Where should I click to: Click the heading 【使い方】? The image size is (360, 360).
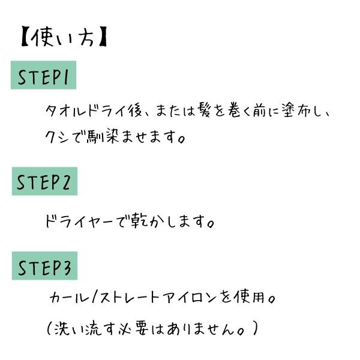[64, 37]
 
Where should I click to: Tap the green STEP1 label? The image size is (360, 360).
[43, 75]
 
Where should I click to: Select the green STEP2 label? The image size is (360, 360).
[44, 181]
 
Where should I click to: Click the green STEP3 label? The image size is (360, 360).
[44, 266]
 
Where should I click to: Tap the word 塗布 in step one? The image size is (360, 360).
[296, 110]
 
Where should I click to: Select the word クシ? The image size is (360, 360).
[57, 137]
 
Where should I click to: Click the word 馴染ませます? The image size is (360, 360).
[136, 137]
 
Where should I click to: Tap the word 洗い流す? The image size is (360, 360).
[85, 329]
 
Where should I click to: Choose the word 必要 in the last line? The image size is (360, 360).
[133, 329]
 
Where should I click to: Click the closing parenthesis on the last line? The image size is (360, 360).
[255, 328]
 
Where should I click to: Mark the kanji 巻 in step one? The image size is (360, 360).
[235, 110]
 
